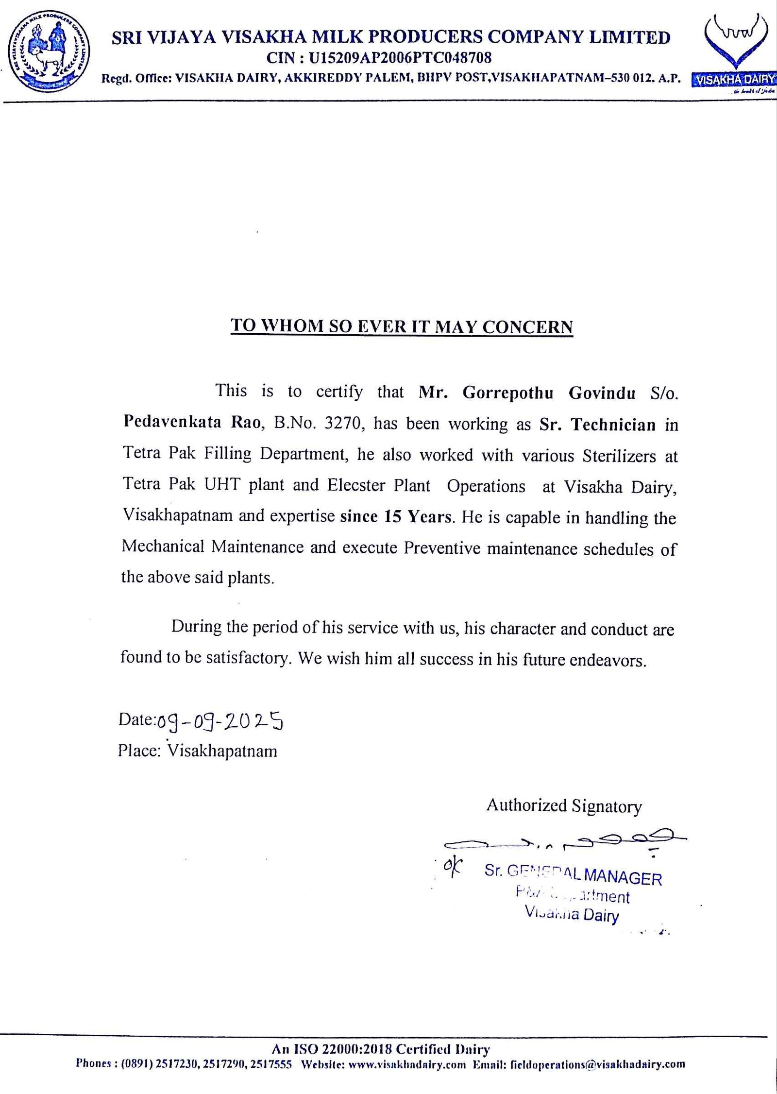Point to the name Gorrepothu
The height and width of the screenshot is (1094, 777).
(x=507, y=393)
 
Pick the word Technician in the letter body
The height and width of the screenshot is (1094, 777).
(x=613, y=425)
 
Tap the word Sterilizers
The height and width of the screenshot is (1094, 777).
(x=619, y=456)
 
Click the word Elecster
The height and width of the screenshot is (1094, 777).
(x=356, y=486)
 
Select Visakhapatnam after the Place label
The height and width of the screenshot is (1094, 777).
(x=222, y=751)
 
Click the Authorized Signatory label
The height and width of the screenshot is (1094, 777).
(x=564, y=806)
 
